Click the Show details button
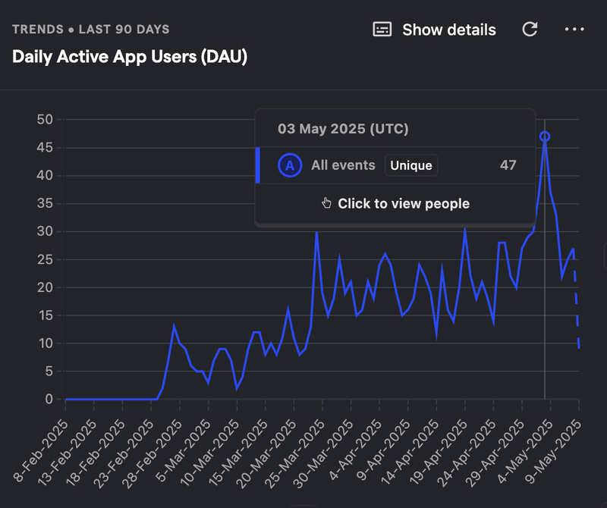(435, 30)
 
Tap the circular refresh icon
(530, 30)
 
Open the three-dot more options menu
(574, 30)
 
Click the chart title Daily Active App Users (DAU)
(130, 57)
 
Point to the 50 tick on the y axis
(45, 120)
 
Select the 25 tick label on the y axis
(45, 259)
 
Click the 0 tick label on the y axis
(49, 400)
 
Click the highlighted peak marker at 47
(545, 136)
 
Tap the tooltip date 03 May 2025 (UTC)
(343, 129)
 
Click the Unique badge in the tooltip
(411, 165)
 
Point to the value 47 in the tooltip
(508, 165)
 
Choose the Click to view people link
(403, 203)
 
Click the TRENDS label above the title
(39, 30)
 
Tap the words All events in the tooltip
(343, 165)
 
